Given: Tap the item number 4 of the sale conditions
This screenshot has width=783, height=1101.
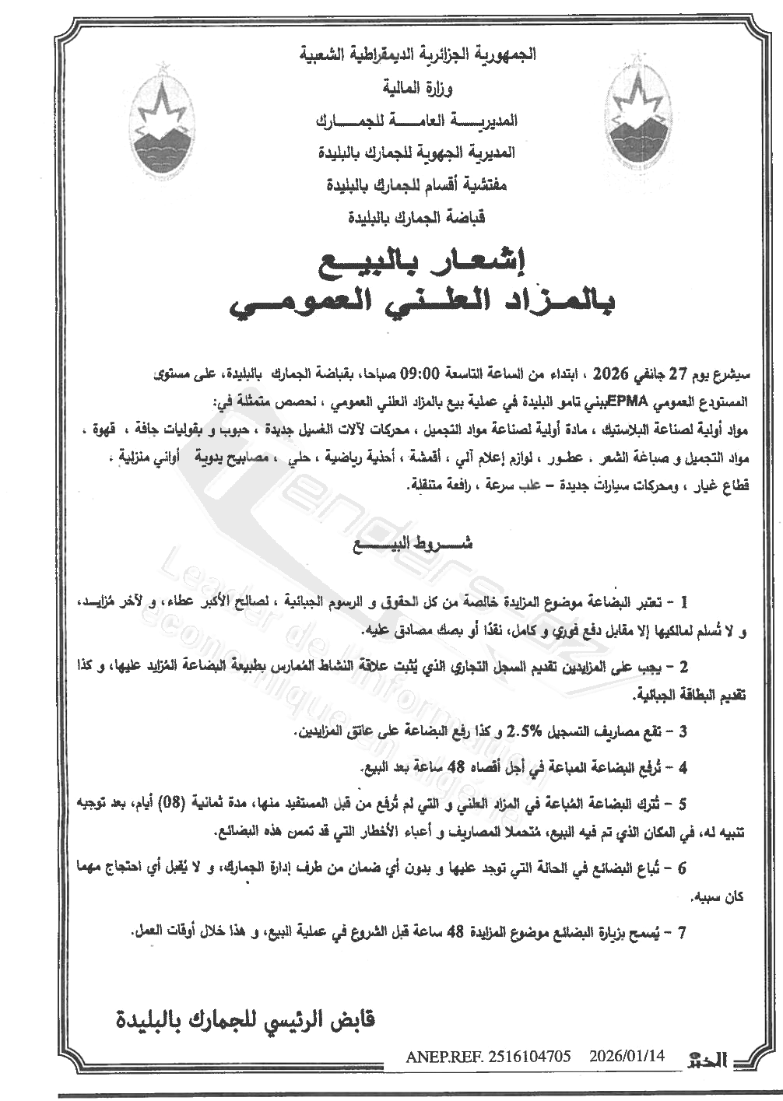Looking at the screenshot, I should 683,768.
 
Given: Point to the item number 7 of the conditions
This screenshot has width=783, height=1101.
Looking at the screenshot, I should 683,931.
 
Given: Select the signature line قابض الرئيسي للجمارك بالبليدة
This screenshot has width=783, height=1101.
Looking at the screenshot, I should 245,1019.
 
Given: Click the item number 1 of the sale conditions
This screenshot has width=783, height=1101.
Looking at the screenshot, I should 684,602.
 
